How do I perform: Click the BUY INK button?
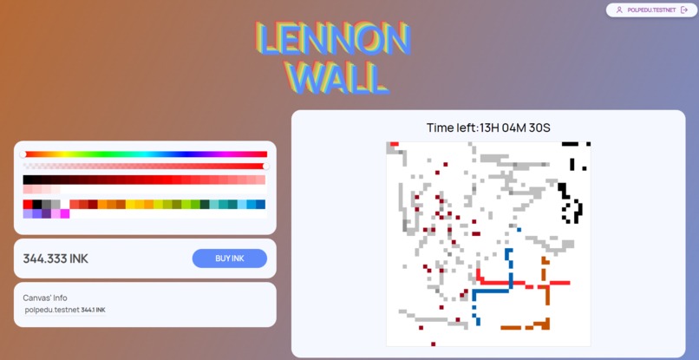pyautogui.click(x=229, y=259)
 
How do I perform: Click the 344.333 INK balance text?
pyautogui.click(x=56, y=259)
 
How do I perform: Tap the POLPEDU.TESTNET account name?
pyautogui.click(x=651, y=10)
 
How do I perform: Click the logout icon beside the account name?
pyautogui.click(x=684, y=10)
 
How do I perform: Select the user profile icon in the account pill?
pyautogui.click(x=619, y=10)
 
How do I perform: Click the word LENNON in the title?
pyautogui.click(x=333, y=40)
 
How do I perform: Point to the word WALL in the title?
pyautogui.click(x=337, y=78)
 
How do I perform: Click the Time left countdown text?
pyautogui.click(x=488, y=128)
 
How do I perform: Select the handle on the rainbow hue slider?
pyautogui.click(x=24, y=154)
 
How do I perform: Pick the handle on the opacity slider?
pyautogui.click(x=265, y=166)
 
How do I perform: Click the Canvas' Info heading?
pyautogui.click(x=45, y=298)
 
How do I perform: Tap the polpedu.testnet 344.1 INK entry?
pyautogui.click(x=65, y=310)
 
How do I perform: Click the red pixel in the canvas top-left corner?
pyautogui.click(x=395, y=144)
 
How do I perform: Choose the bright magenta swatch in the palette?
pyautogui.click(x=65, y=213)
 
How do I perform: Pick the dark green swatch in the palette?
pyautogui.click(x=205, y=205)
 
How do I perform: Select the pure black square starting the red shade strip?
pyautogui.click(x=28, y=180)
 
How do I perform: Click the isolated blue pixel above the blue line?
pyautogui.click(x=519, y=230)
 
